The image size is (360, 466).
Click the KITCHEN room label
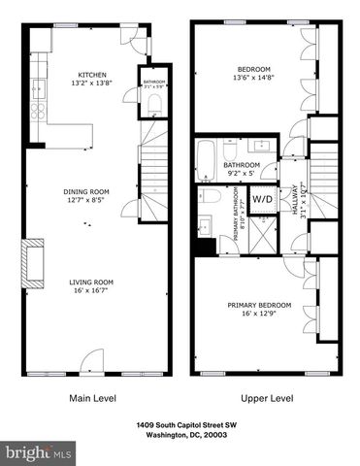[x=92, y=75]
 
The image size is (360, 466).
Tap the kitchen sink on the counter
[x=40, y=90]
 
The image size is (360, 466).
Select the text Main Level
[x=94, y=398]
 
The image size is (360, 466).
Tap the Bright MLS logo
[x=39, y=452]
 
